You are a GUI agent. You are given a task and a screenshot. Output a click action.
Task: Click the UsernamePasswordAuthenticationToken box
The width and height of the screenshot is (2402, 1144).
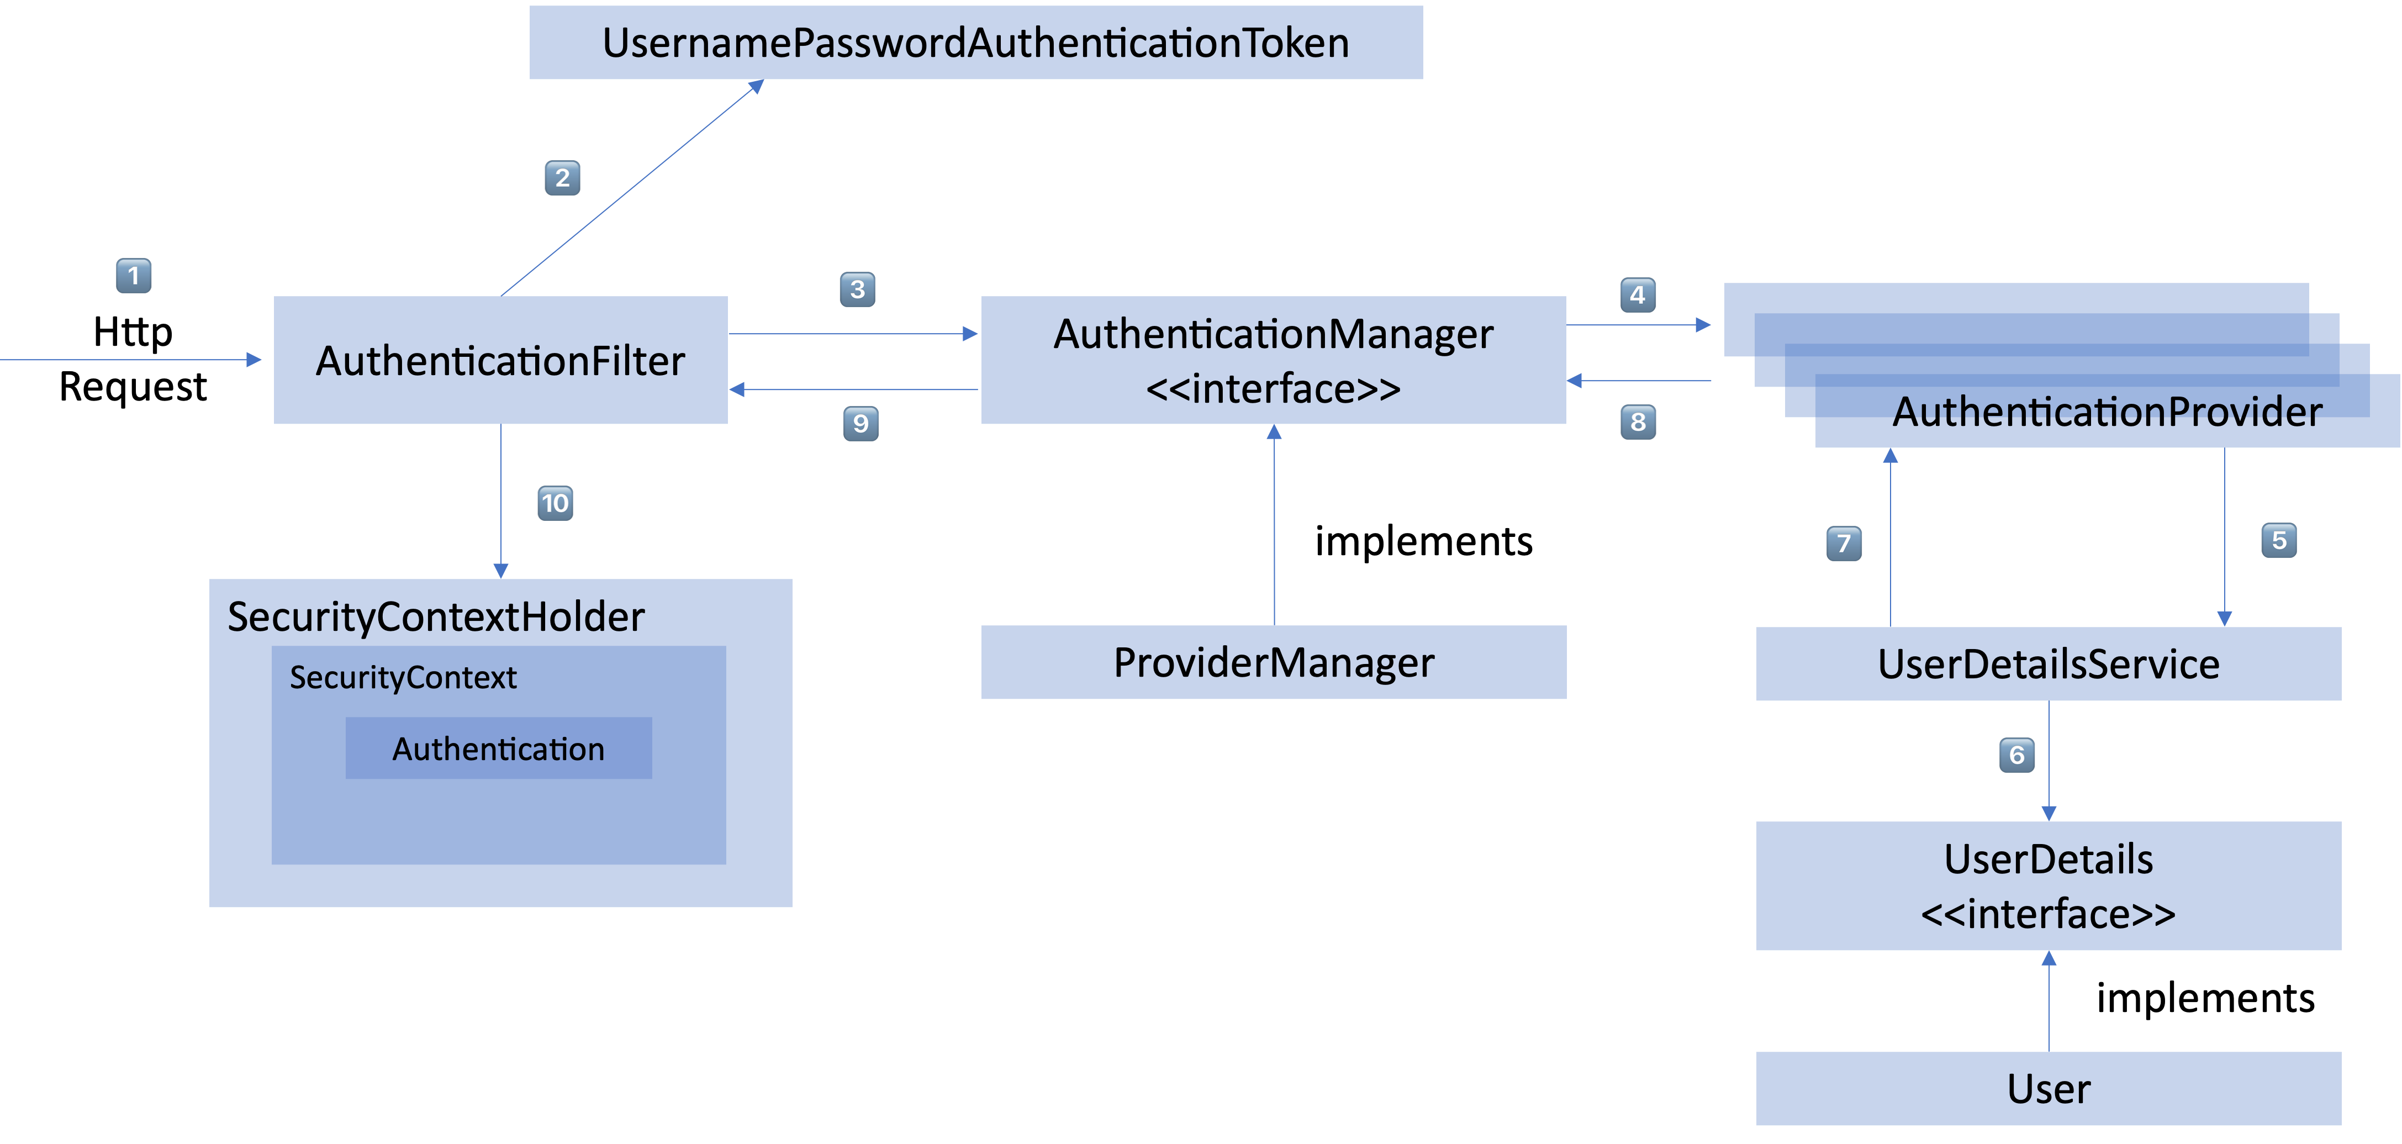click(x=975, y=43)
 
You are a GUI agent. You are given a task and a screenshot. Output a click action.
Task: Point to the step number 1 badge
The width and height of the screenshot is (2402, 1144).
click(x=133, y=276)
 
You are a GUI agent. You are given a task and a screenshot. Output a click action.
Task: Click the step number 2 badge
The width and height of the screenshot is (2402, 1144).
click(x=562, y=178)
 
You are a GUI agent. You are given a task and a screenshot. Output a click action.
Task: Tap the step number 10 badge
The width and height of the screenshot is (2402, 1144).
click(x=555, y=503)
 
